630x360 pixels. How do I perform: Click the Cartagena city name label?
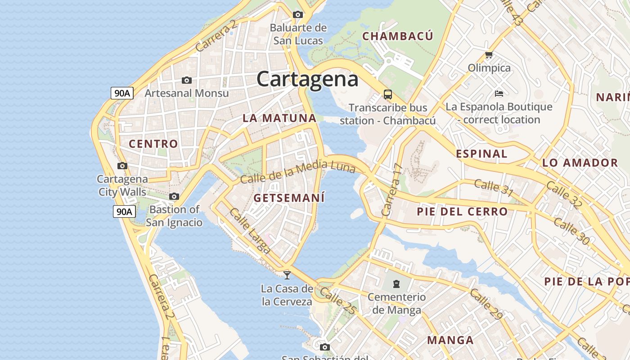[x=307, y=79]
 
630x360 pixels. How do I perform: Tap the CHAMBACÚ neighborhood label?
[x=398, y=36]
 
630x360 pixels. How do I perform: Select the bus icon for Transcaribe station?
[x=387, y=94]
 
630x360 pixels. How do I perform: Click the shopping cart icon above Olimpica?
[x=489, y=55]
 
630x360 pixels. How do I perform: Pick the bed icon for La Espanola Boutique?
[x=499, y=94]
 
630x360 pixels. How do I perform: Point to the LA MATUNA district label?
[x=279, y=118]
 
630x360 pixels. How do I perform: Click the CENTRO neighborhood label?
[x=153, y=144]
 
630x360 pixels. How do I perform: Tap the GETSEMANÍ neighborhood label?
[x=289, y=198]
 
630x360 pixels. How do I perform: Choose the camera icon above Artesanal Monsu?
[x=186, y=81]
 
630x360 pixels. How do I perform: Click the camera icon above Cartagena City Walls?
[x=122, y=166]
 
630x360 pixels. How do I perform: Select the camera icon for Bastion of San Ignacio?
[x=174, y=197]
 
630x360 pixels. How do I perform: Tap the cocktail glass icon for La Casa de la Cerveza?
[x=287, y=275]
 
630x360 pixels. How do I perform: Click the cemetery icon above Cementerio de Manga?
[x=396, y=284]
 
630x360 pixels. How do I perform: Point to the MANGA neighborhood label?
[x=450, y=340]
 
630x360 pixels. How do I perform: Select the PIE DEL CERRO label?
[x=462, y=211]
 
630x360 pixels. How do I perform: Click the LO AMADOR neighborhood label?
[x=580, y=163]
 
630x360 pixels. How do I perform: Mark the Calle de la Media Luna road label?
[x=298, y=173]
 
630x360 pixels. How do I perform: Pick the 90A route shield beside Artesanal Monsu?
[x=122, y=93]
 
